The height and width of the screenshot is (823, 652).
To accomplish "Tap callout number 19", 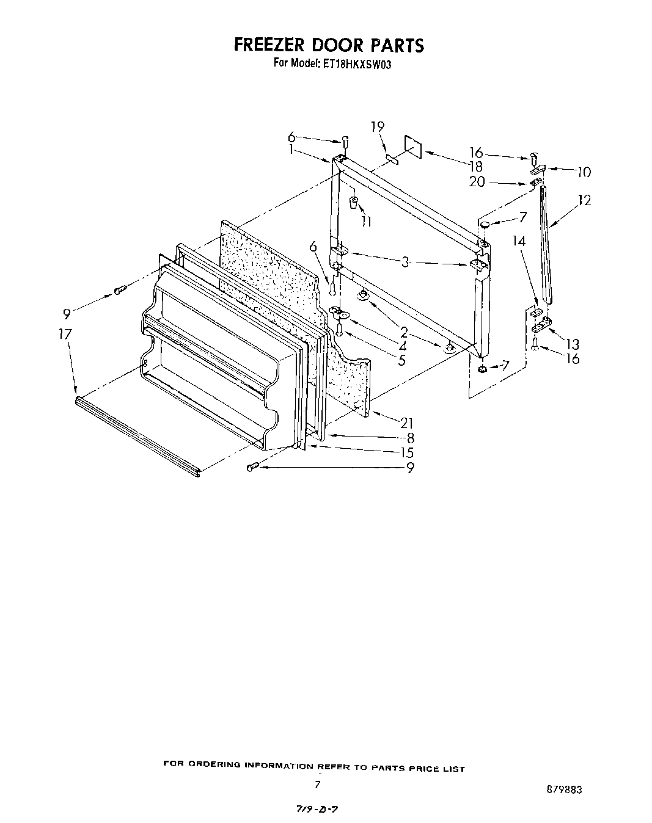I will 378,126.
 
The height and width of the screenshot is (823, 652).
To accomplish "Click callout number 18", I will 476,166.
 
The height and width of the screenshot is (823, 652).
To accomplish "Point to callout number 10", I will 583,173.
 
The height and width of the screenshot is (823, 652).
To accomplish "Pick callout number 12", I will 584,200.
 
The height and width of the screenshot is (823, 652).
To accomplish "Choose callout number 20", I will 477,181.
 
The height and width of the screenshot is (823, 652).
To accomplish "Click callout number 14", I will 519,242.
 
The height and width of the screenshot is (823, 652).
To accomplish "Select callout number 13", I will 572,344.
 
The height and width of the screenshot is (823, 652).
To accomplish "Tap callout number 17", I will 66,334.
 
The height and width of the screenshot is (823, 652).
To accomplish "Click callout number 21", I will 407,422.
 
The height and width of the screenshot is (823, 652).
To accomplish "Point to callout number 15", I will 407,452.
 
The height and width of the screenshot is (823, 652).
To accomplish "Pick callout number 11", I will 366,222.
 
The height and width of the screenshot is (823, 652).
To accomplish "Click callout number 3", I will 405,262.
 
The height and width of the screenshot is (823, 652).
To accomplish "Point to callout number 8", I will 410,437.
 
